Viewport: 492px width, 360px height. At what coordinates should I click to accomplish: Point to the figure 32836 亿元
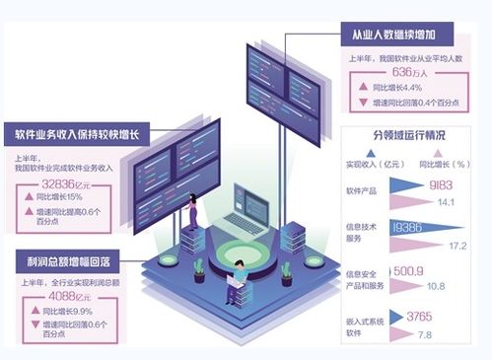(63, 183)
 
